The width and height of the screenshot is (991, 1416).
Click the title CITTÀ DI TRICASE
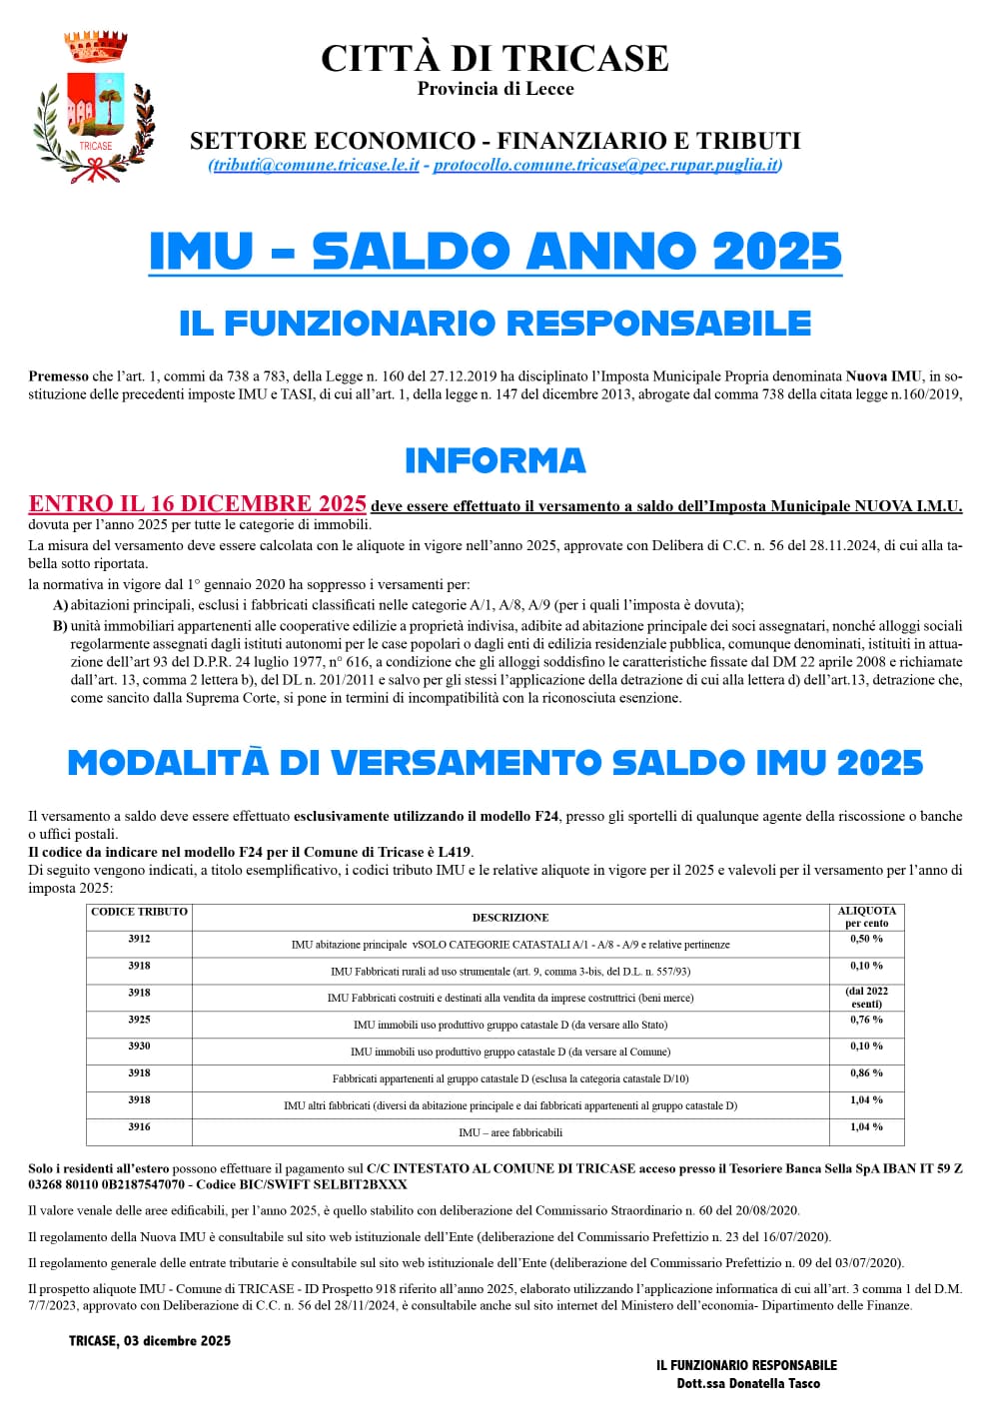click(x=495, y=58)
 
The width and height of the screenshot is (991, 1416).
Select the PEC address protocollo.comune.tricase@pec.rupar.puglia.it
click(x=606, y=166)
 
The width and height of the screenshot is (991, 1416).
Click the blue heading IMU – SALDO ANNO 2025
click(x=495, y=251)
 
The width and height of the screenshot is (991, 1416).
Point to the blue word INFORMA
click(x=495, y=460)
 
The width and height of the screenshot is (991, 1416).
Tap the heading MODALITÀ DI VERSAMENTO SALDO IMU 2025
click(x=495, y=763)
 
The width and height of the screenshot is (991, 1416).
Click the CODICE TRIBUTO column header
click(x=139, y=912)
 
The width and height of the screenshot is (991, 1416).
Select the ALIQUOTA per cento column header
click(x=866, y=917)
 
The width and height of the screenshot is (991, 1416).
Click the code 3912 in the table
click(x=139, y=939)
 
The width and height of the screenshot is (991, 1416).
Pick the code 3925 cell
click(x=139, y=1020)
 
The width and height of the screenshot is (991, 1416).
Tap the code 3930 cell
click(x=139, y=1047)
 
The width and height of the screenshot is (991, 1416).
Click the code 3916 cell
click(x=139, y=1127)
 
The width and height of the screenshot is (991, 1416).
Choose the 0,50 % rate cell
click(x=866, y=939)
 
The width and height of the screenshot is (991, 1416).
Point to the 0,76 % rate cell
click(x=866, y=1020)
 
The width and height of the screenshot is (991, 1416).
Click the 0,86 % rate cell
click(x=866, y=1073)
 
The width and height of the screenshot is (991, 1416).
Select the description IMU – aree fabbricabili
click(x=510, y=1132)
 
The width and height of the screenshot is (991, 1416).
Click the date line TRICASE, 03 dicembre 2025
click(x=150, y=1341)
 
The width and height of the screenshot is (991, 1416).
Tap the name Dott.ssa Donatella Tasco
click(x=747, y=1384)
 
